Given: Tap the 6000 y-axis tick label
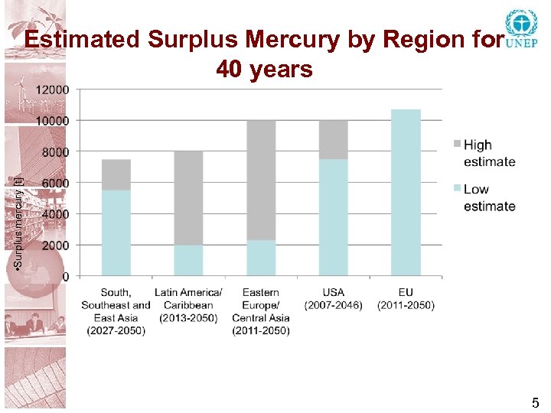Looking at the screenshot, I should (54, 183).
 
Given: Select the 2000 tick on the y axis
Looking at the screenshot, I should (54, 245).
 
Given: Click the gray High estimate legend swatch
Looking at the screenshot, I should (456, 144).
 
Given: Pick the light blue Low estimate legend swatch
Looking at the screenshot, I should (456, 188).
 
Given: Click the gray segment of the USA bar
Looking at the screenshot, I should (333, 140).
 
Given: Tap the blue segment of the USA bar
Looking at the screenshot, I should (333, 218).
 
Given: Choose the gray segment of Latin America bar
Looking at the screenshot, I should (188, 197).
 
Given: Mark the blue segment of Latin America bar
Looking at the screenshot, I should (188, 260).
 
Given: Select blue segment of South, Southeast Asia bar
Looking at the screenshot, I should (116, 233).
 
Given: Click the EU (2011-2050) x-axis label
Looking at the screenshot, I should (406, 299).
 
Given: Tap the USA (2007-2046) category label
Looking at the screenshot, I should (333, 299).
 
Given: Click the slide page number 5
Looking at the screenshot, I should (536, 403).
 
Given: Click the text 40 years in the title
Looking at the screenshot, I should (264, 70).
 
